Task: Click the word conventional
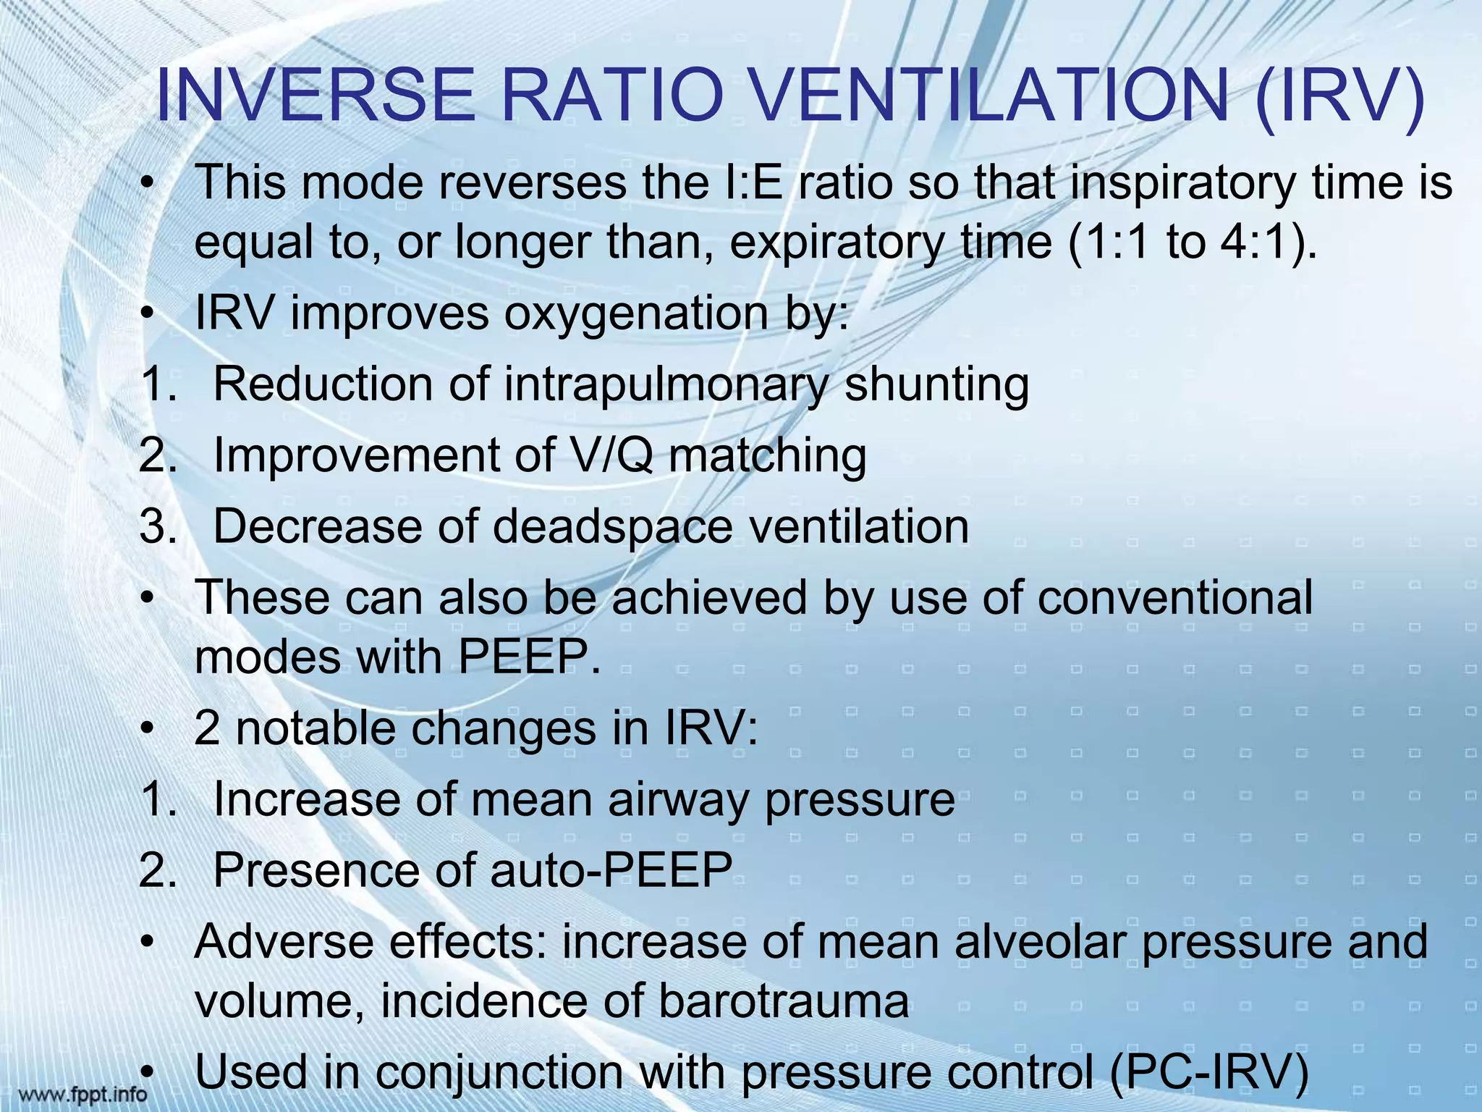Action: [x=1175, y=597]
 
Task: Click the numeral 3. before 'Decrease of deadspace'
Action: [x=158, y=526]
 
